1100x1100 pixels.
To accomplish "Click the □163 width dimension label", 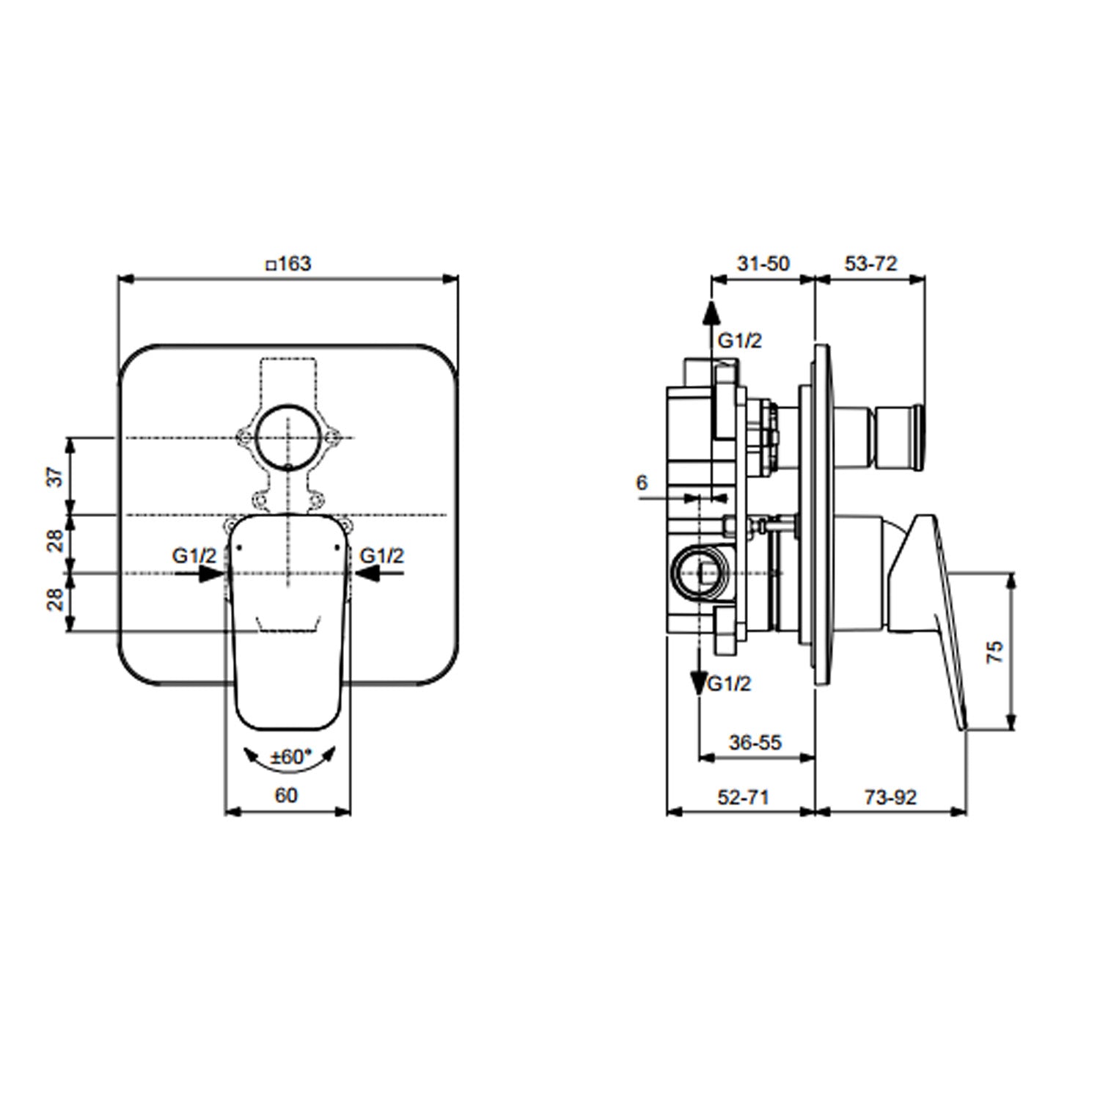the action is point(288,263).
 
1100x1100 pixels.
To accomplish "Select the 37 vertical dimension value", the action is point(56,477).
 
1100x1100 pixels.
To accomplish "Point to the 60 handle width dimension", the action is point(287,794).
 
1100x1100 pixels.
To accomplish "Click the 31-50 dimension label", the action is point(763,263).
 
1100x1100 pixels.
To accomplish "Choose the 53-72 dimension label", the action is point(870,263).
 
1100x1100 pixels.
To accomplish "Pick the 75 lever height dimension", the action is point(994,651).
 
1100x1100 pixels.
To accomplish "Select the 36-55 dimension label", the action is point(755,742).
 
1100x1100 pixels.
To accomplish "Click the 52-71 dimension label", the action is point(744,796).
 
